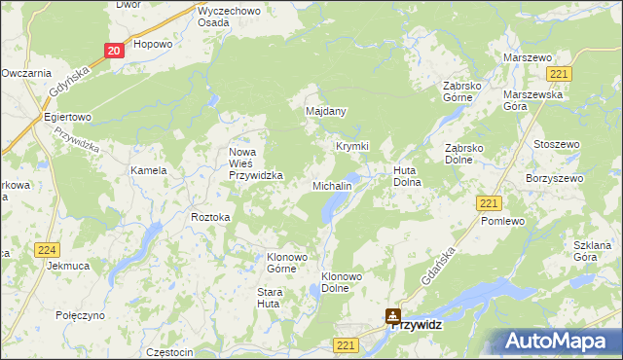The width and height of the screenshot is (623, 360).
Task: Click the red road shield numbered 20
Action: click(x=115, y=51)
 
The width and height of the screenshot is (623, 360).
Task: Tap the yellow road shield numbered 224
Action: click(x=46, y=250)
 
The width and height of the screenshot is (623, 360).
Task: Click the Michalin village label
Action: click(x=332, y=185)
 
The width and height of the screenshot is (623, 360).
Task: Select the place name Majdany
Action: click(x=326, y=111)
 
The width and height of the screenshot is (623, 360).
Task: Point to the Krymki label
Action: click(x=352, y=146)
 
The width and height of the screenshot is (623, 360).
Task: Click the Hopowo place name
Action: click(x=153, y=44)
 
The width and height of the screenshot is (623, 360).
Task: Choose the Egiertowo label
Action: click(x=67, y=117)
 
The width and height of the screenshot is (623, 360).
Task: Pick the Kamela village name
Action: click(x=149, y=170)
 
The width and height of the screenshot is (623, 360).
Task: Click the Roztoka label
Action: click(x=210, y=217)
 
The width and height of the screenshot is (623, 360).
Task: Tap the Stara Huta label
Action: click(x=269, y=298)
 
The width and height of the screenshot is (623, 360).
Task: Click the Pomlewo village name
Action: click(x=503, y=221)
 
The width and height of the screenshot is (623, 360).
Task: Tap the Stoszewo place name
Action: click(x=557, y=144)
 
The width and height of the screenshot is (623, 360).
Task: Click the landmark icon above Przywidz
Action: click(x=392, y=315)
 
